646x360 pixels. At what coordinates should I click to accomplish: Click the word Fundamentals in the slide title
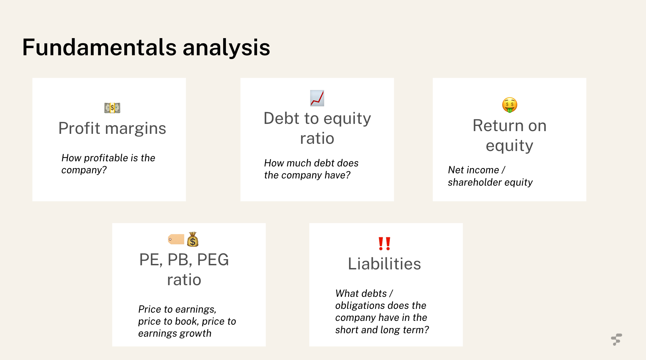(99, 47)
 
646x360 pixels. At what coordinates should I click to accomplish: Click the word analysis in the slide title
(226, 47)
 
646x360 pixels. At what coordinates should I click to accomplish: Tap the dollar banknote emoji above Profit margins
(112, 108)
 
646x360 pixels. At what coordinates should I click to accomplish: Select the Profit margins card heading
(112, 128)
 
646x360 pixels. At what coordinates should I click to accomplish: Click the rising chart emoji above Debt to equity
(317, 98)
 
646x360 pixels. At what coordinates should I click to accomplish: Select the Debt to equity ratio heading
(317, 128)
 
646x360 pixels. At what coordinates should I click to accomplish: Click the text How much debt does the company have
(311, 169)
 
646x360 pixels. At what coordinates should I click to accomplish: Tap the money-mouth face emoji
(509, 105)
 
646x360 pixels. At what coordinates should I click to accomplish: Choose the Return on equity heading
(509, 135)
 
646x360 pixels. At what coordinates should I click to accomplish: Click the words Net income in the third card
(473, 170)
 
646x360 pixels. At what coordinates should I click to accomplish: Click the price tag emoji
(176, 239)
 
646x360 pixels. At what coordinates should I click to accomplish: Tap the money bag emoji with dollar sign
(193, 240)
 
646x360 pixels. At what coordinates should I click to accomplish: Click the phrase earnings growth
(175, 333)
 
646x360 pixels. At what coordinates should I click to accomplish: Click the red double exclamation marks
(384, 244)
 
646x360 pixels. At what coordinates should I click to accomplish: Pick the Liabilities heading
(384, 264)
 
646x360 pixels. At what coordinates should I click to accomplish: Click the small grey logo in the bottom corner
(616, 339)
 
